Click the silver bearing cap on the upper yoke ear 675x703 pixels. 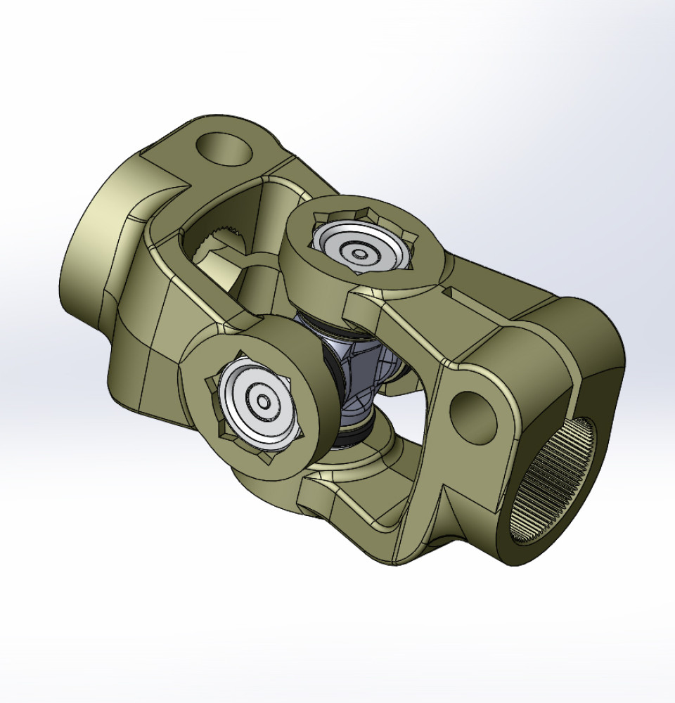359,246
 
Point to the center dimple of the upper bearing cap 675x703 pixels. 360,254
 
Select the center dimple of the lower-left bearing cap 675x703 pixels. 264,402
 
